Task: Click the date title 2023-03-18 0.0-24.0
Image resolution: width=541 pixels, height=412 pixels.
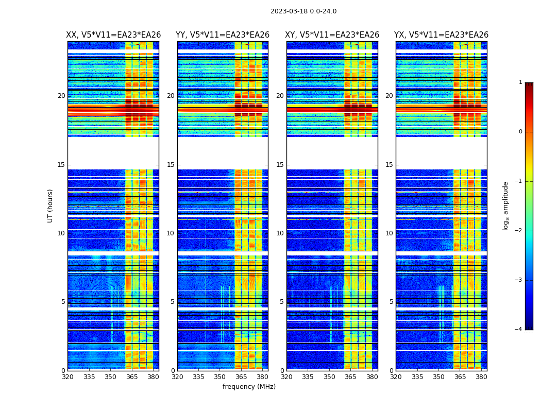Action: pos(303,11)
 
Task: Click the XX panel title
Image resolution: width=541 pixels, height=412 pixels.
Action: pos(113,35)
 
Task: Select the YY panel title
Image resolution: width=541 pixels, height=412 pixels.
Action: pos(223,35)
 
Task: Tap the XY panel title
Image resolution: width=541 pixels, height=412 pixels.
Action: pos(332,35)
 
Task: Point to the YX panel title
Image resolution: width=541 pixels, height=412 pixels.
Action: pos(442,35)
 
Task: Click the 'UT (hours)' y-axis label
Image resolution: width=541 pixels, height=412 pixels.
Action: pos(50,205)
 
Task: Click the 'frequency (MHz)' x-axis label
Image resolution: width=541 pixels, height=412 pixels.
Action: pos(249,387)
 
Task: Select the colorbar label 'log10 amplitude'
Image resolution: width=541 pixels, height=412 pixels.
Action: pos(505,205)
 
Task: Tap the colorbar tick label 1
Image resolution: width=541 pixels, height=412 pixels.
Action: pos(520,82)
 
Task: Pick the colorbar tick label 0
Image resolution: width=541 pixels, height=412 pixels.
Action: pos(520,132)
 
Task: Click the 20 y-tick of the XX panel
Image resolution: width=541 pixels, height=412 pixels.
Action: pos(61,96)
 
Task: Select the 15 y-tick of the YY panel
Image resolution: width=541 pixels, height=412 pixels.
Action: pos(171,165)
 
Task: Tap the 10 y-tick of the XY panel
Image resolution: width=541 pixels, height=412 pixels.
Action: pos(280,233)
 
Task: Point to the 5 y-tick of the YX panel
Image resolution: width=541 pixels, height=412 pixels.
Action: pos(391,302)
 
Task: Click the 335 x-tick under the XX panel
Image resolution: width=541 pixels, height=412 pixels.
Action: pos(89,377)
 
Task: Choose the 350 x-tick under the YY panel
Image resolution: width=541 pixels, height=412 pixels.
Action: pos(220,377)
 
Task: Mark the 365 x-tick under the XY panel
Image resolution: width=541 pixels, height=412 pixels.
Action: pos(350,377)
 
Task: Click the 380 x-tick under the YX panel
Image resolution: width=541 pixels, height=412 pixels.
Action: pos(481,377)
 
